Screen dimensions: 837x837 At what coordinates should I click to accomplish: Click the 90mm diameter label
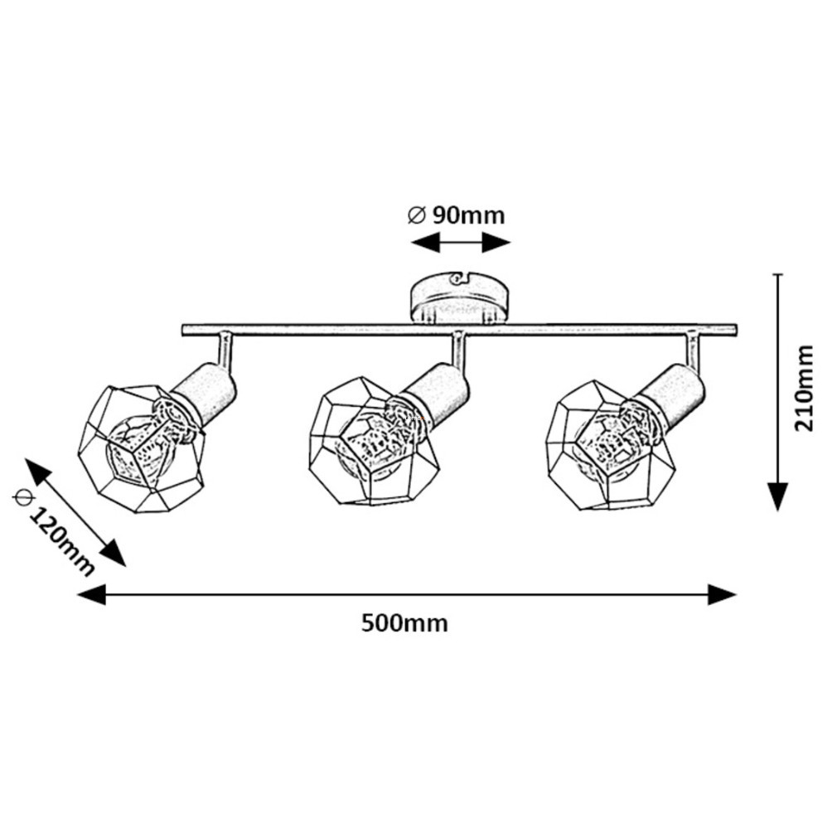(457, 215)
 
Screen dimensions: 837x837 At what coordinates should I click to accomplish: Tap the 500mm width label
(404, 623)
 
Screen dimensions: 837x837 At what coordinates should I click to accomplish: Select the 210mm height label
(804, 388)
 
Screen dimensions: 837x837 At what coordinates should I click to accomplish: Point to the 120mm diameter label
(53, 532)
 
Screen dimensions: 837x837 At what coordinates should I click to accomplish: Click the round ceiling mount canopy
(460, 299)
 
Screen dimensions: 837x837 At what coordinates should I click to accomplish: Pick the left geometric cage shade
(142, 448)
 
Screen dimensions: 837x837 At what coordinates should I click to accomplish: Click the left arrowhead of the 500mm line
(92, 594)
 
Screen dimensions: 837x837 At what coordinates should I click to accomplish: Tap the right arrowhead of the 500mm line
(723, 594)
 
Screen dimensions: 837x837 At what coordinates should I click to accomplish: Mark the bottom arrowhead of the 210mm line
(778, 496)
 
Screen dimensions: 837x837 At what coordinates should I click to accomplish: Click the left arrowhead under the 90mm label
(425, 243)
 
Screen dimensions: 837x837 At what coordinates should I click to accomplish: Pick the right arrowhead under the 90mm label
(496, 243)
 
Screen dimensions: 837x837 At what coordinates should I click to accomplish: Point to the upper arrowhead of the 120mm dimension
(37, 472)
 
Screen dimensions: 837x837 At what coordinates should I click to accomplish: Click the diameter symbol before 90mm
(416, 215)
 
